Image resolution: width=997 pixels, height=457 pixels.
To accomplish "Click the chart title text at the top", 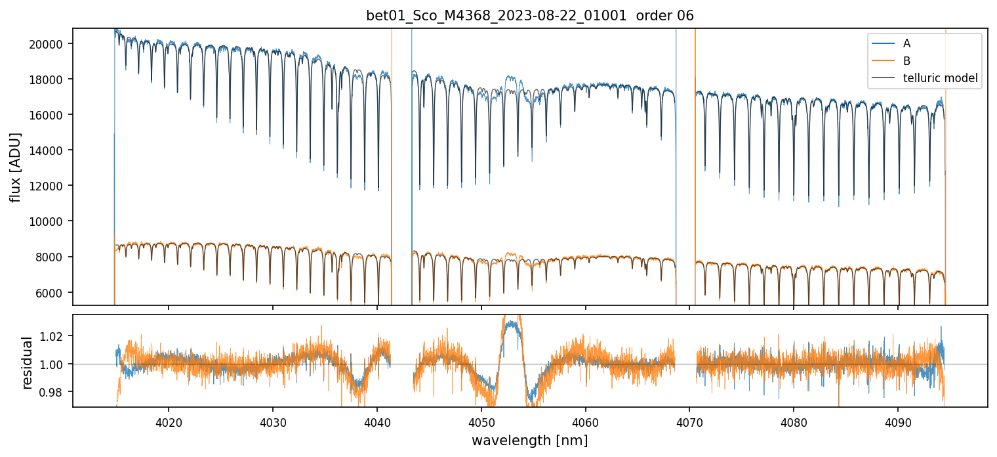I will tap(530, 16).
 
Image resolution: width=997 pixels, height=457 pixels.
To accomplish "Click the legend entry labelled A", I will tap(906, 43).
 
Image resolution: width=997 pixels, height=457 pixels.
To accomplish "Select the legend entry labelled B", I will tap(906, 61).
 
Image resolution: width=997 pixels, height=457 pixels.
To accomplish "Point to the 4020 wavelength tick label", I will tap(169, 421).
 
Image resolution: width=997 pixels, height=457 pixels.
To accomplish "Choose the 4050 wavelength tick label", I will tap(481, 421).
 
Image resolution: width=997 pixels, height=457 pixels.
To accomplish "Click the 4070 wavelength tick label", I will tap(689, 421).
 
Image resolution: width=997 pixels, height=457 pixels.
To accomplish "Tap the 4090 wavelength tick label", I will tap(898, 421).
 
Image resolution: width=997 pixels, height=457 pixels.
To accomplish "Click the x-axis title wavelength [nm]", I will tap(529, 440).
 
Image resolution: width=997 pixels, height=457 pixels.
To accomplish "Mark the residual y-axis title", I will tap(27, 362).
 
